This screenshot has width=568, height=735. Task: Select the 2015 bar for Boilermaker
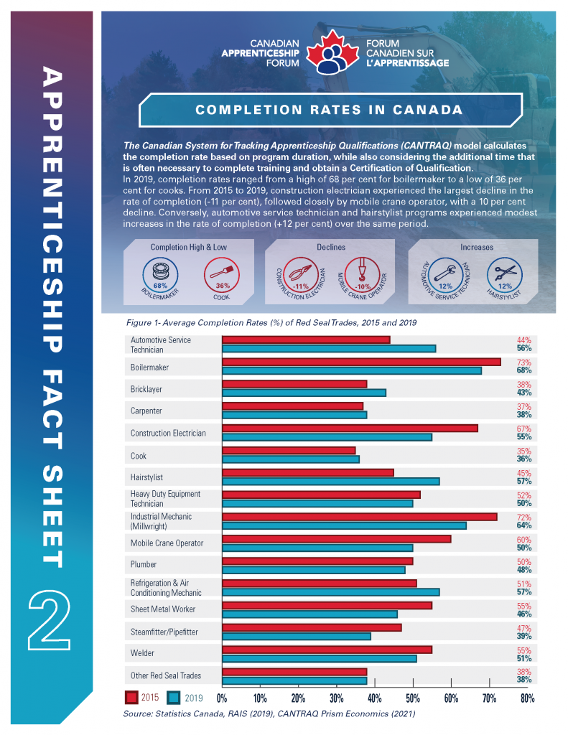tap(362, 362)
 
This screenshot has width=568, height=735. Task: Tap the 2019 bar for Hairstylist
tap(331, 482)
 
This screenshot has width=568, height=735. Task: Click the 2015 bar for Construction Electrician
tap(350, 429)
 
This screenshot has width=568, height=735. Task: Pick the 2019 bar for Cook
tap(291, 459)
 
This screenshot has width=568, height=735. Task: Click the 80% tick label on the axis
tap(527, 698)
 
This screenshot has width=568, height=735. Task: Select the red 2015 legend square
tap(131, 698)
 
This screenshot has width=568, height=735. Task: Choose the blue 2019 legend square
tap(174, 698)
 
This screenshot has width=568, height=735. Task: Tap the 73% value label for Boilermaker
tap(524, 362)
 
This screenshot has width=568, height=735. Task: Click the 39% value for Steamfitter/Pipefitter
tap(524, 636)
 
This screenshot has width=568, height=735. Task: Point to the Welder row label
tap(143, 653)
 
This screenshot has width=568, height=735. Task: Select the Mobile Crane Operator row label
tap(167, 543)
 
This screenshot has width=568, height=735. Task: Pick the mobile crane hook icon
tap(362, 275)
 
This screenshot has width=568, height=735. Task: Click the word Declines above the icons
tap(331, 247)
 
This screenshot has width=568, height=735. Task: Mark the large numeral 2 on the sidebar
tap(50, 619)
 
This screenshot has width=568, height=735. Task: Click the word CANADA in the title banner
tap(428, 110)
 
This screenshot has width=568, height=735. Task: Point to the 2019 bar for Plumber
tap(314, 570)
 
